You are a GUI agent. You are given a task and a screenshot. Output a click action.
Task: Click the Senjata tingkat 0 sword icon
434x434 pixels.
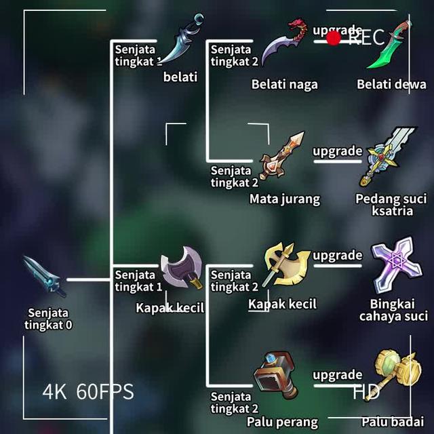pyautogui.click(x=44, y=276)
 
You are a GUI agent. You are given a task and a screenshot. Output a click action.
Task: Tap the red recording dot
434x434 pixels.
pyautogui.click(x=333, y=38)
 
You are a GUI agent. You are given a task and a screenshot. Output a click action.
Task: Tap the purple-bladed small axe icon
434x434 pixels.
pyautogui.click(x=181, y=268)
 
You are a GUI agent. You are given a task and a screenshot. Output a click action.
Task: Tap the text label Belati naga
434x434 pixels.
pyautogui.click(x=284, y=85)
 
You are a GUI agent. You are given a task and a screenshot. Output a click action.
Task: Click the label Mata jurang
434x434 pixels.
pyautogui.click(x=284, y=199)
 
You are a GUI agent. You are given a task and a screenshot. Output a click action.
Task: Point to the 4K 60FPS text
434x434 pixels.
pyautogui.click(x=88, y=391)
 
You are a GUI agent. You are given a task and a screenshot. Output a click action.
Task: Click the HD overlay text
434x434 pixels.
pyautogui.click(x=366, y=391)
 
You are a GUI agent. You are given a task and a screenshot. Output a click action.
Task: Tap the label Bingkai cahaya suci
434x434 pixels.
pyautogui.click(x=393, y=310)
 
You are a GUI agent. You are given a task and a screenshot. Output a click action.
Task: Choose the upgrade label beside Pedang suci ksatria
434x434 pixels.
pyautogui.click(x=337, y=151)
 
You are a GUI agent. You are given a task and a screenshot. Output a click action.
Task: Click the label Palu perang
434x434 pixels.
pyautogui.click(x=282, y=422)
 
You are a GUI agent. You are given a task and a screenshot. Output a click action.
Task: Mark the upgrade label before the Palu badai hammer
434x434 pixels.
pyautogui.click(x=337, y=374)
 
